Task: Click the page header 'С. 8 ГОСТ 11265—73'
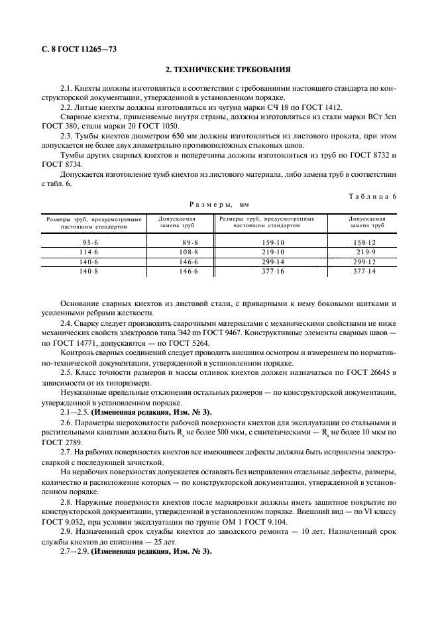[x=73, y=50]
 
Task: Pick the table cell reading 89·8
[x=172, y=242]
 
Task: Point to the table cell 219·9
[x=366, y=252]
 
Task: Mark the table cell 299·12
[x=364, y=262]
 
